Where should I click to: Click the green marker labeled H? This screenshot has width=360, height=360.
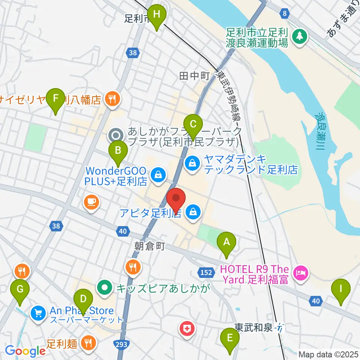pos(157,15)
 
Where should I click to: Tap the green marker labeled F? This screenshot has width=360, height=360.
pos(56,99)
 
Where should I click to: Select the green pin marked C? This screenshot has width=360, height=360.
pos(193,124)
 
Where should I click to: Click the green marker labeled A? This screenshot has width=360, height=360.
pos(226,242)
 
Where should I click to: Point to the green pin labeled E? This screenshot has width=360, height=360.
pos(230,337)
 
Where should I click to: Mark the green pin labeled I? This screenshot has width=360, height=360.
pos(341,289)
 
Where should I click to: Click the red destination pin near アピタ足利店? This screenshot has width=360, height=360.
pos(176,199)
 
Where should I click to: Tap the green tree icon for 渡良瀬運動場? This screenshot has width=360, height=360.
pos(300,36)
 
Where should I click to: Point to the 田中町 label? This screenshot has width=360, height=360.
pos(194,76)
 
